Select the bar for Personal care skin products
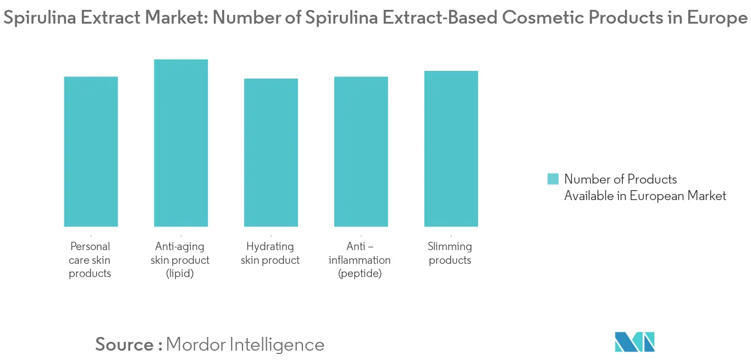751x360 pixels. pyautogui.click(x=91, y=151)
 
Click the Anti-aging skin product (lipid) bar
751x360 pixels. pyautogui.click(x=181, y=143)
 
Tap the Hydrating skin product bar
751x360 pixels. pyautogui.click(x=271, y=152)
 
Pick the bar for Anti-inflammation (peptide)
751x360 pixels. pyautogui.click(x=361, y=151)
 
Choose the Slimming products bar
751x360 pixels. pyautogui.click(x=451, y=148)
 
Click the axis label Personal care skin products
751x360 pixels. pyautogui.click(x=90, y=260)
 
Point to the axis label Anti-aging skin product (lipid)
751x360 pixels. pyautogui.click(x=180, y=260)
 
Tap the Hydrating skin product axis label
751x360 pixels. pyautogui.click(x=270, y=253)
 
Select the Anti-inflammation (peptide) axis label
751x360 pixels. pyautogui.click(x=360, y=260)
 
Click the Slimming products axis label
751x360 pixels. pyautogui.click(x=450, y=253)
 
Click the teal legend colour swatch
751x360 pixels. pyautogui.click(x=553, y=179)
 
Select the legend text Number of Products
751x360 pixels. pyautogui.click(x=620, y=179)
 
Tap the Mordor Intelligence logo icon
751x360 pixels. pyautogui.click(x=634, y=342)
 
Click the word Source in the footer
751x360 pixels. pyautogui.click(x=125, y=345)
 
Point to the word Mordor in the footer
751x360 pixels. pyautogui.click(x=195, y=345)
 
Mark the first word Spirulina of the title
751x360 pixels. pyautogui.click(x=36, y=18)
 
